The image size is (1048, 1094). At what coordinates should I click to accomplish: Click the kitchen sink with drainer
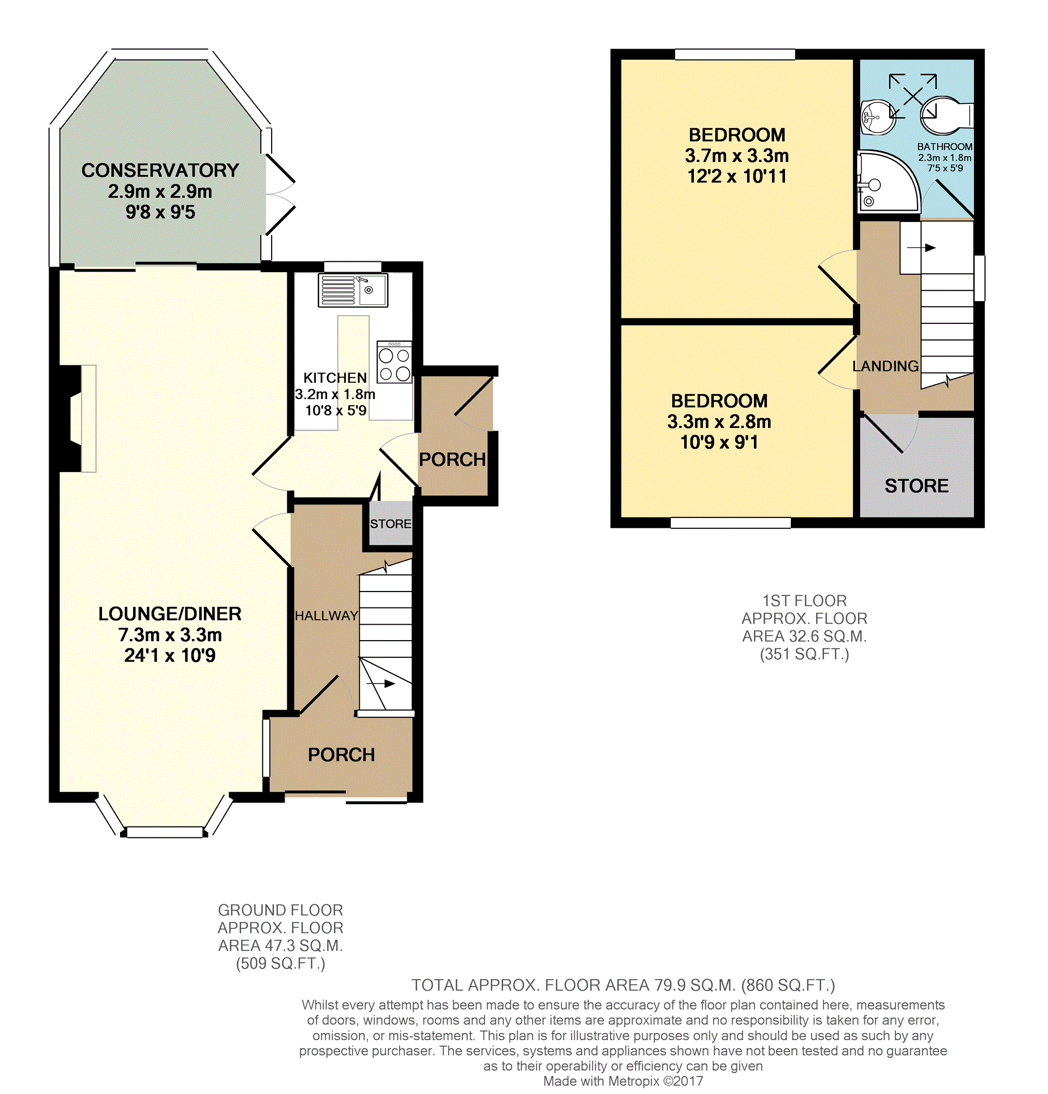pyautogui.click(x=353, y=290)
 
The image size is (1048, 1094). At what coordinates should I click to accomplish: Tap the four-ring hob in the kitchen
pyautogui.click(x=394, y=362)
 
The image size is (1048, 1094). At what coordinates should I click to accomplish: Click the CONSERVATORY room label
pyautogui.click(x=160, y=170)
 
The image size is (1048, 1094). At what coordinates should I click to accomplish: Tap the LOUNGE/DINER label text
pyautogui.click(x=170, y=614)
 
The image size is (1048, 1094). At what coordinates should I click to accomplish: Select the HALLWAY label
pyautogui.click(x=326, y=616)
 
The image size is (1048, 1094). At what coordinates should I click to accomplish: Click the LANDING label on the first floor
pyautogui.click(x=885, y=366)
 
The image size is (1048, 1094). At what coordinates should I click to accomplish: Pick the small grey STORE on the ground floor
pyautogui.click(x=390, y=523)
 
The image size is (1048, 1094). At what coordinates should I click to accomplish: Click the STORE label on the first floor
pyautogui.click(x=917, y=485)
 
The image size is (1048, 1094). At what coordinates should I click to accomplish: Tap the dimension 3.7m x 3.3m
pyautogui.click(x=737, y=156)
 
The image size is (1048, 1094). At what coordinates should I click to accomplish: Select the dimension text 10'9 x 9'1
pyautogui.click(x=719, y=442)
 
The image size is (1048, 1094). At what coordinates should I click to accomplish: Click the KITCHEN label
pyautogui.click(x=335, y=378)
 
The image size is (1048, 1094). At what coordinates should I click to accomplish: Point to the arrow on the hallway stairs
pyautogui.click(x=381, y=684)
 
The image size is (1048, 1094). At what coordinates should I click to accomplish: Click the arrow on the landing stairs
pyautogui.click(x=921, y=248)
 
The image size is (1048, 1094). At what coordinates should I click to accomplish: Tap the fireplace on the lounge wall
pyautogui.click(x=78, y=419)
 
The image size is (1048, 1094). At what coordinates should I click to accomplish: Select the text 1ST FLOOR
pyautogui.click(x=805, y=601)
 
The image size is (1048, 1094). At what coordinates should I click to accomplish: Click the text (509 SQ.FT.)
pyautogui.click(x=281, y=964)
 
